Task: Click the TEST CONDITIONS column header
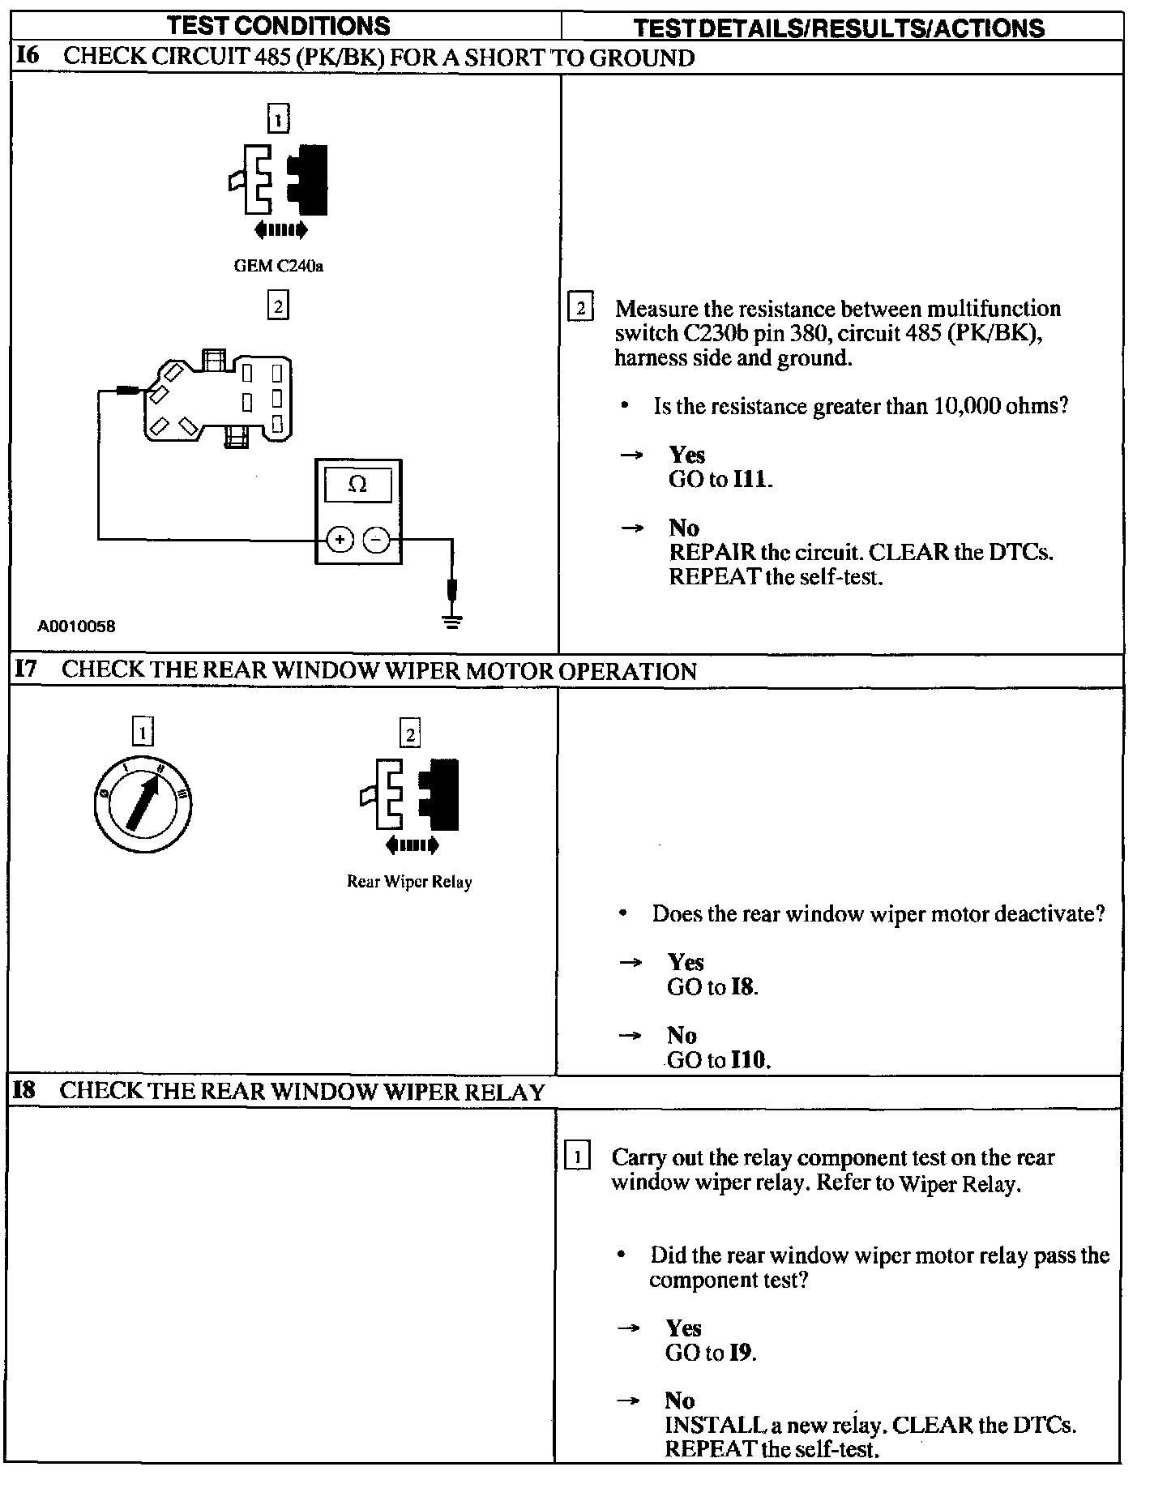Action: [x=278, y=26]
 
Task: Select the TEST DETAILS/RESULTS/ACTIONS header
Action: [x=838, y=28]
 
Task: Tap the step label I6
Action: [x=28, y=56]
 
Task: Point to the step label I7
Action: [x=27, y=669]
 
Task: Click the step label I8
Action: [x=25, y=1090]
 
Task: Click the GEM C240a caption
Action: [x=278, y=266]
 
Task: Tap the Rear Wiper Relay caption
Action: [x=409, y=882]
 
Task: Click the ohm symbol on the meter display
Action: [x=357, y=485]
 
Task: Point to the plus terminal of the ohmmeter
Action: [x=340, y=539]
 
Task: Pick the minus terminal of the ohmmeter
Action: [x=376, y=539]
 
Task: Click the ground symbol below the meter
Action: [x=453, y=621]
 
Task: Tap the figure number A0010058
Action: [x=76, y=626]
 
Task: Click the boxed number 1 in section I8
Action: [x=577, y=1157]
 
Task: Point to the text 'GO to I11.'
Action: [x=720, y=479]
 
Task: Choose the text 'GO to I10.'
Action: [x=718, y=1059]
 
